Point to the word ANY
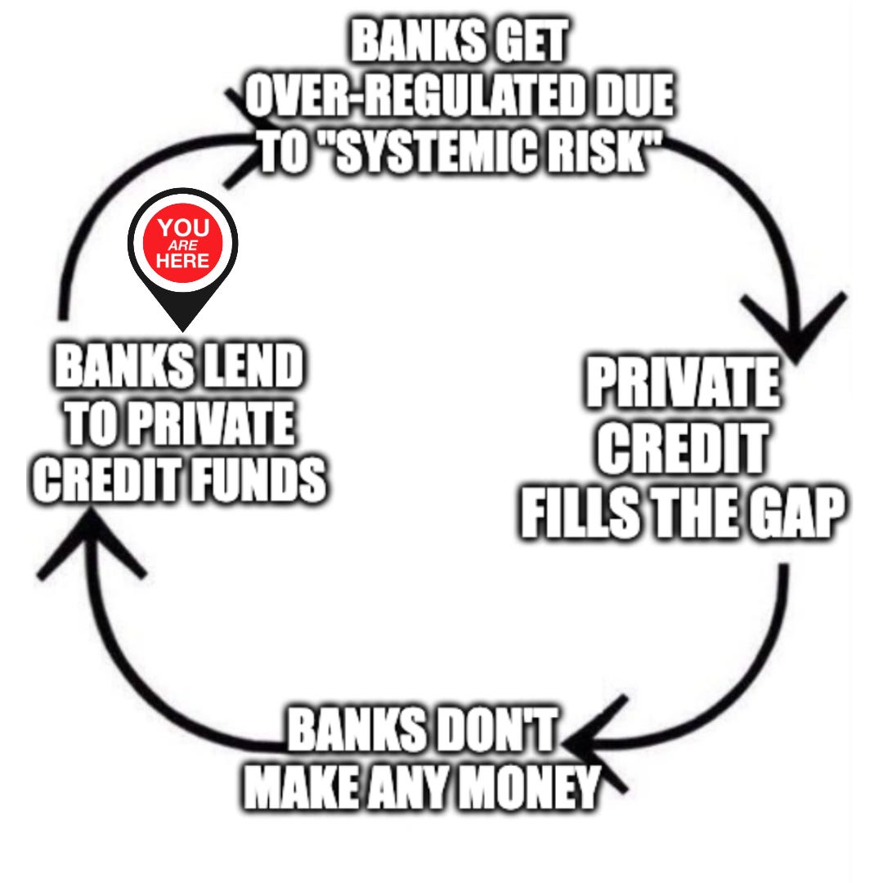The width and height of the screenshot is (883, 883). pos(409,787)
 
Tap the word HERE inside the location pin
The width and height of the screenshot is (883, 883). pos(183,261)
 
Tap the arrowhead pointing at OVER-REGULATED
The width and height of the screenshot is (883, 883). pos(245,139)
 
